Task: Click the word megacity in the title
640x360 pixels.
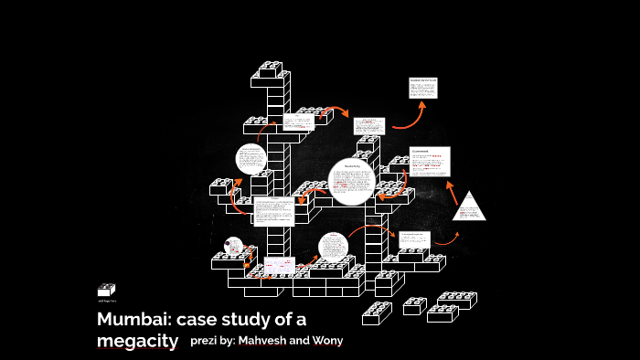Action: [x=137, y=341]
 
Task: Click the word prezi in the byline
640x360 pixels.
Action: [x=205, y=341]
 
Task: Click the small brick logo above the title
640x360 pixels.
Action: [x=106, y=290]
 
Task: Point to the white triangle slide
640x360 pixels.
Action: [x=470, y=207]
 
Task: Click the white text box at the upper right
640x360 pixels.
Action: [x=421, y=88]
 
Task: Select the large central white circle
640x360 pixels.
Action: [x=351, y=181]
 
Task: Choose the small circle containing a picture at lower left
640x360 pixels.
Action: [x=233, y=247]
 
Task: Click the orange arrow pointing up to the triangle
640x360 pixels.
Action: [x=451, y=191]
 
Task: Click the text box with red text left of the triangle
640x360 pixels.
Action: [x=430, y=161]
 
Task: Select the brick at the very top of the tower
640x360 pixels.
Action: [x=271, y=68]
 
